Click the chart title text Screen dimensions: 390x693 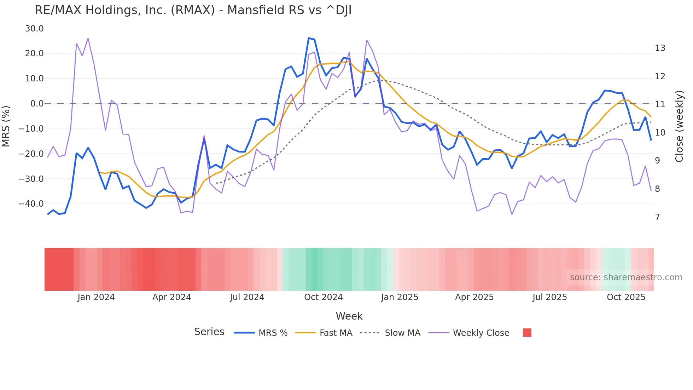click(x=193, y=10)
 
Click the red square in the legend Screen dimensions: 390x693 click(x=527, y=333)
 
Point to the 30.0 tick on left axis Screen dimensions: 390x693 click(x=34, y=29)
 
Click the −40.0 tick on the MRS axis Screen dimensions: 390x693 click(x=31, y=204)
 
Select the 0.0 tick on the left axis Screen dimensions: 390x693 click(x=37, y=104)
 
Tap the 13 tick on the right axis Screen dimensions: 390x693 click(x=660, y=48)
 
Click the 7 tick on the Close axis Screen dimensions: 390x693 click(x=657, y=217)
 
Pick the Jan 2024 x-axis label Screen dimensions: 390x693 click(x=96, y=297)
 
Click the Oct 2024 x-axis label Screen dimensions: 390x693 click(x=323, y=297)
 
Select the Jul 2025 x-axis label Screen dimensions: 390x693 click(x=549, y=297)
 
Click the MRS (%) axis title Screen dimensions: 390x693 click(x=6, y=126)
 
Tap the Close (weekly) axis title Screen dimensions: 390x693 click(x=679, y=126)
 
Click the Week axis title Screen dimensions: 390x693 click(x=349, y=316)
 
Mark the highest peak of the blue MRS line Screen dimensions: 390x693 click(x=309, y=38)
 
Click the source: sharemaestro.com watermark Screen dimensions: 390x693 click(x=626, y=277)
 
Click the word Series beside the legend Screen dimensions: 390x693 click(x=209, y=332)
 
